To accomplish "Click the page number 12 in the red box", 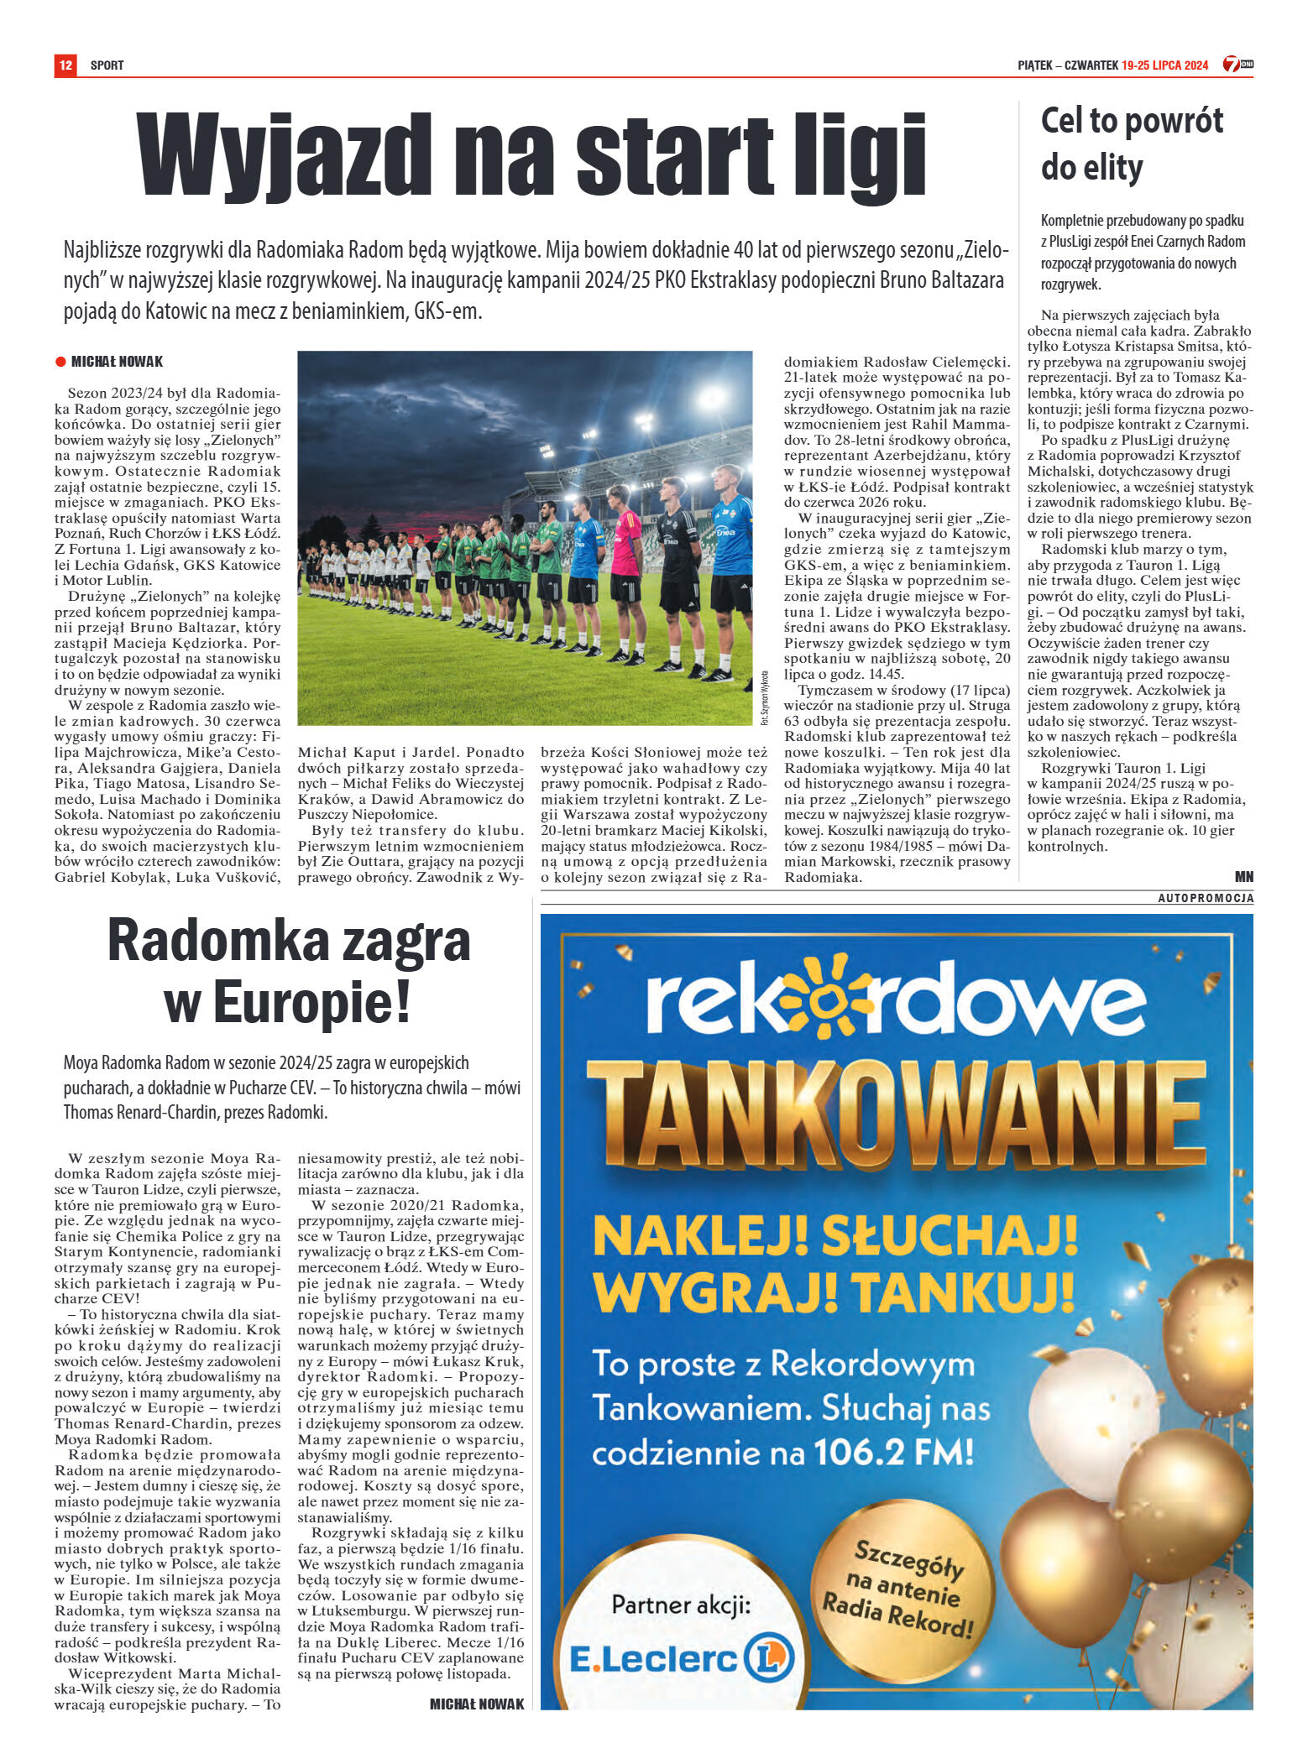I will pyautogui.click(x=65, y=65).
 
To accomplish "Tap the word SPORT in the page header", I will pyautogui.click(x=107, y=65).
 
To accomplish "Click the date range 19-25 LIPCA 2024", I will pyautogui.click(x=1164, y=65).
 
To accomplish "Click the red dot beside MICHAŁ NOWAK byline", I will pyautogui.click(x=60, y=362).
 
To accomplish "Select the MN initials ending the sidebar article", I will pyautogui.click(x=1243, y=876).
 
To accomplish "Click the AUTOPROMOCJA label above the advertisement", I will pyautogui.click(x=1205, y=898).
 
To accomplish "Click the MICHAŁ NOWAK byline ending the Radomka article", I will pyautogui.click(x=476, y=1704).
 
